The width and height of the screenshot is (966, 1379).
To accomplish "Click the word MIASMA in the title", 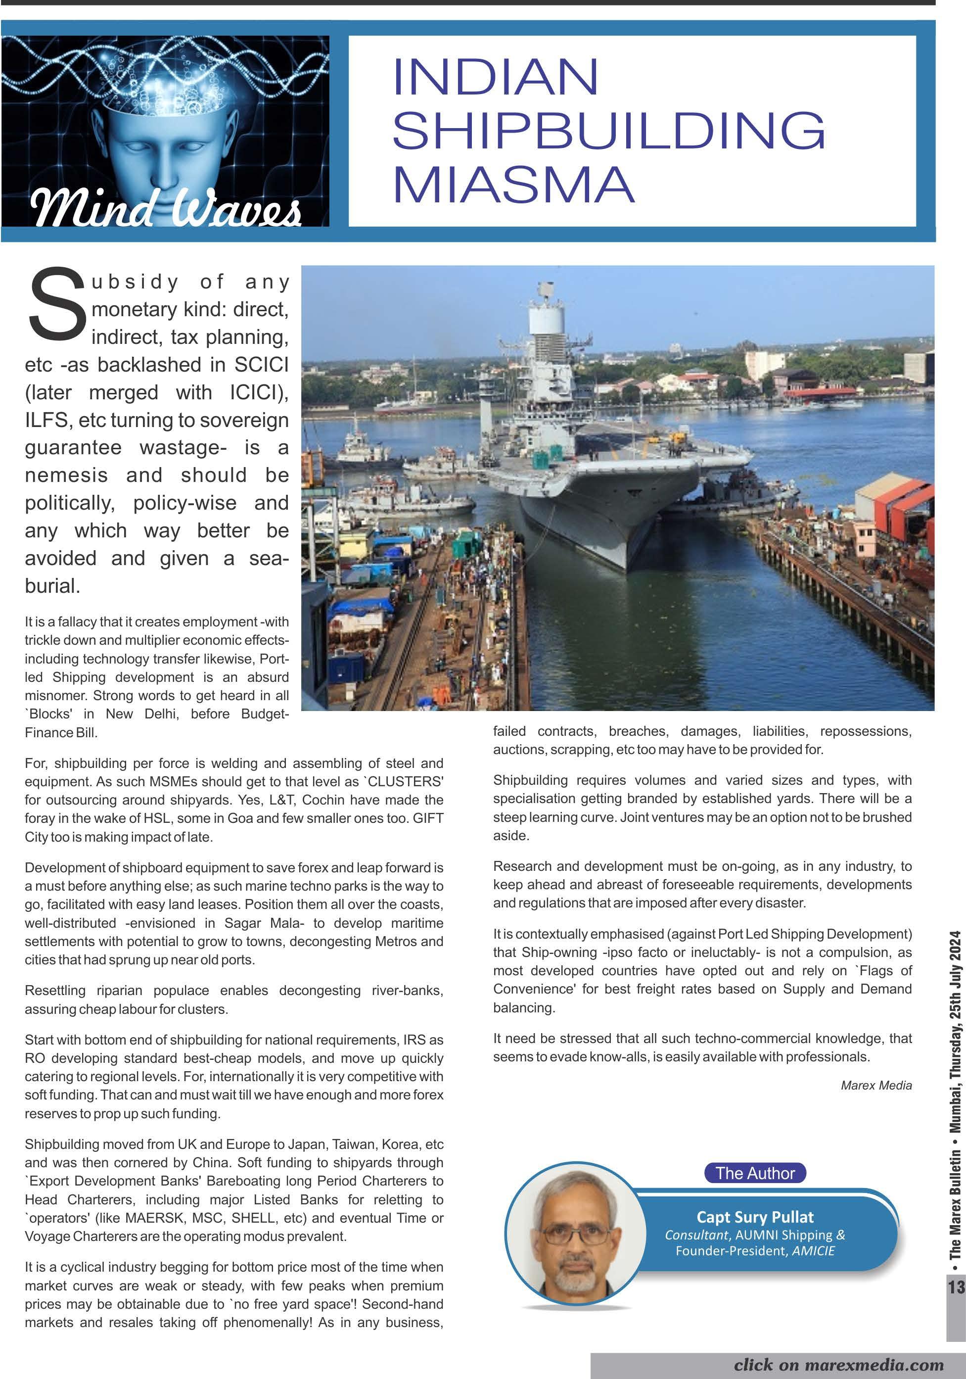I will click(513, 185).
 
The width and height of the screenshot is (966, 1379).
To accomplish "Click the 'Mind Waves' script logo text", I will click(165, 208).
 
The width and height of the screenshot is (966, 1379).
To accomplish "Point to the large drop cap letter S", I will click(56, 304).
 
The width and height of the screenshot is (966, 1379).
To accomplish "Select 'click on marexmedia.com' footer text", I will click(838, 1365).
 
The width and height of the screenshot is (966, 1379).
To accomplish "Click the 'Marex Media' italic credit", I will click(876, 1085).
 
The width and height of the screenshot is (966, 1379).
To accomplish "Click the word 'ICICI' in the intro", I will click(258, 392).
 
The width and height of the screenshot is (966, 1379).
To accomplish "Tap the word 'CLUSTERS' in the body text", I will click(405, 781).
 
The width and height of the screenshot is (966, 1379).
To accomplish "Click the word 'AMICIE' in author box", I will click(814, 1250).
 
